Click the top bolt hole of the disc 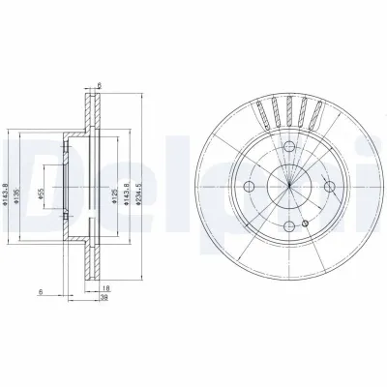point(290,145)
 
